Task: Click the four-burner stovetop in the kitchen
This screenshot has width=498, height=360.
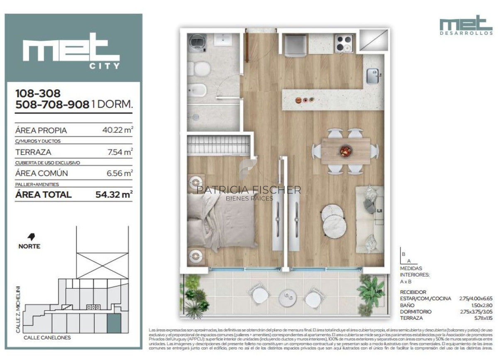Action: click(344, 44)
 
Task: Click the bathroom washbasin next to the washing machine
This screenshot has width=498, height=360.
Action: click(223, 40)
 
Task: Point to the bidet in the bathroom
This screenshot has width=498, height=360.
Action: click(196, 90)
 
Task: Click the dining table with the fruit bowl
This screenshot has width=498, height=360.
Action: click(346, 151)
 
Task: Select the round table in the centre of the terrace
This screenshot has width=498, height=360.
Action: click(287, 296)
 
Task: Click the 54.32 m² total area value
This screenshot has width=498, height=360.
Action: click(114, 194)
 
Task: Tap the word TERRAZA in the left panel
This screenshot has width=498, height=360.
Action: click(33, 152)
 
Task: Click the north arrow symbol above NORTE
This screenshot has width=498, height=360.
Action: click(31, 237)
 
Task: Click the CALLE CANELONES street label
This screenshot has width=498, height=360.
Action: click(47, 338)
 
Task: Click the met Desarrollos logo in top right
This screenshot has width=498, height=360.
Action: click(466, 26)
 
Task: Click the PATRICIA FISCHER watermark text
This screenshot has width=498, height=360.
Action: click(249, 190)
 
